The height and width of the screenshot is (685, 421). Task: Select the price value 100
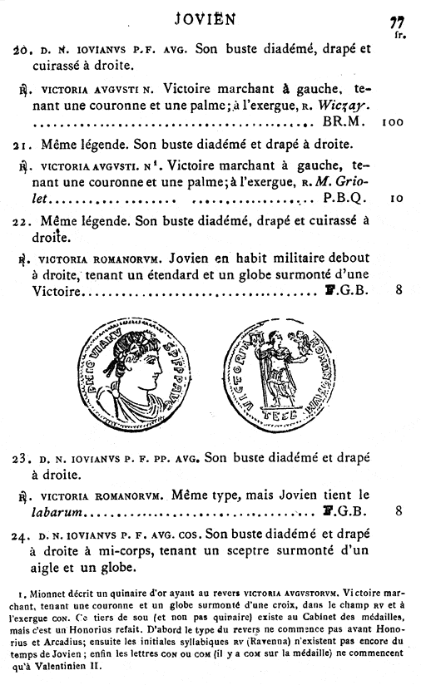pos(393,121)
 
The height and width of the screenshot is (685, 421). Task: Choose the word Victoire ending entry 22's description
pos(59,292)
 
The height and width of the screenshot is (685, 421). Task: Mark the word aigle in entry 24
pos(48,569)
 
